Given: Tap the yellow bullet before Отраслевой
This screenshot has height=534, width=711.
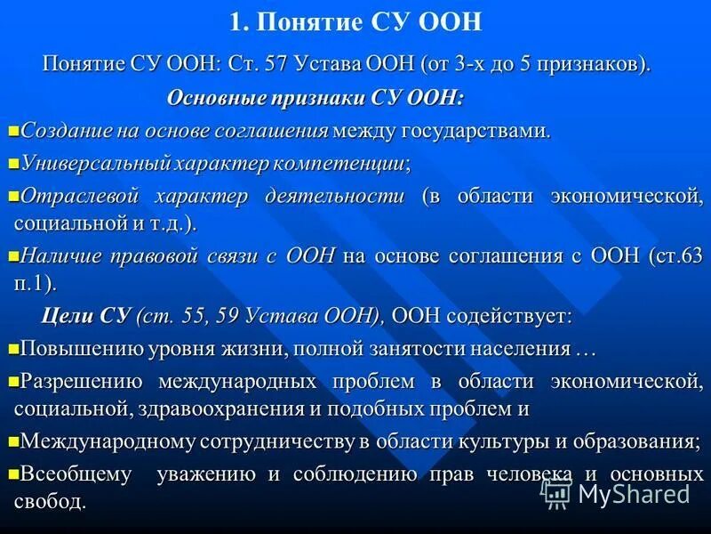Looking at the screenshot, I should [x=12, y=195].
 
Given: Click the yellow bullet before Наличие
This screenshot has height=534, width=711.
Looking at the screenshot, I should [x=12, y=256].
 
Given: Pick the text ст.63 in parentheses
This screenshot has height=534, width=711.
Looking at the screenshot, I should [x=675, y=256].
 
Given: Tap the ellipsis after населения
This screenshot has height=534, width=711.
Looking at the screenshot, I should [x=585, y=349].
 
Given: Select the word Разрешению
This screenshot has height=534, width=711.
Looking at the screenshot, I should [x=82, y=382].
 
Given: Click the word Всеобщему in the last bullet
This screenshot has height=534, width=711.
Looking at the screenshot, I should [x=76, y=474].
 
